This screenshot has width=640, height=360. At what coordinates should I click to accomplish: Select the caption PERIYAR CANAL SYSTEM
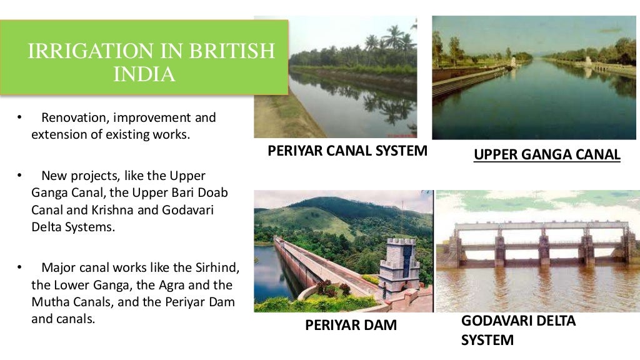pos(347,151)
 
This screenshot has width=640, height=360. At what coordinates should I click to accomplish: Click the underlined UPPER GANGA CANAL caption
pos(547,154)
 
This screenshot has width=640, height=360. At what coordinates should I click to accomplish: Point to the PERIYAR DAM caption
pos(351,325)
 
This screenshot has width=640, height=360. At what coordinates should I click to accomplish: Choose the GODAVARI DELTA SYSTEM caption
pos(518,331)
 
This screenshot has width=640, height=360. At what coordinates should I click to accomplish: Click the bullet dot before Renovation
pos(19,117)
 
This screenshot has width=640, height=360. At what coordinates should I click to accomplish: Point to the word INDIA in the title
pos(144,74)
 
